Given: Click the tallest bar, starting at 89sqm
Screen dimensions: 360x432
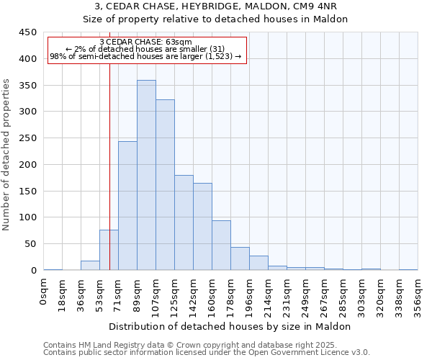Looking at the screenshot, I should [x=146, y=175].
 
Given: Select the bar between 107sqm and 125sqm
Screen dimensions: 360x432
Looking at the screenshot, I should [x=165, y=185].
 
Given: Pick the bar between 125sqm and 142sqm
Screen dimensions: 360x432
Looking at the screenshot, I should [x=184, y=222].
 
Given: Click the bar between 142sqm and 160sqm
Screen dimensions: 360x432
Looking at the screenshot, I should [x=202, y=227].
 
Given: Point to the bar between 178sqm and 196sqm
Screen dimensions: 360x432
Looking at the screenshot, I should [x=240, y=258].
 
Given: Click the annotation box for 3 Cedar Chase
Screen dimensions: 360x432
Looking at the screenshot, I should [x=147, y=50].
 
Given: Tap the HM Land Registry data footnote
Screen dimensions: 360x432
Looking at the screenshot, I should [x=206, y=345].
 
